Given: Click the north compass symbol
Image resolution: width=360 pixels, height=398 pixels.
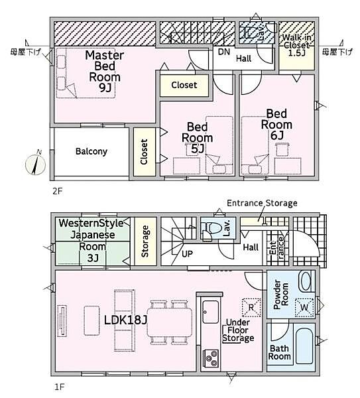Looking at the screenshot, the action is [x=36, y=165].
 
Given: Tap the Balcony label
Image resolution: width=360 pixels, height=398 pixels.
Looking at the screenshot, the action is [x=91, y=151].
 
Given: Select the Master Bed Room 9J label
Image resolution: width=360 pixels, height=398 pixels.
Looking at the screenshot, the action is [x=105, y=72].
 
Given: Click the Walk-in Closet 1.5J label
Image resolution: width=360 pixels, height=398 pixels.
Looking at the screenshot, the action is [x=296, y=45].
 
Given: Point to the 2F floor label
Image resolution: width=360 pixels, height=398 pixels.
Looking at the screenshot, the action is [x=58, y=191].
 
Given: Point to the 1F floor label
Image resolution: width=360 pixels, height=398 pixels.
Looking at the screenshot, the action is [x=60, y=387].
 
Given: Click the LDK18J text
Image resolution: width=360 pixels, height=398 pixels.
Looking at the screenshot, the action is [x=126, y=320].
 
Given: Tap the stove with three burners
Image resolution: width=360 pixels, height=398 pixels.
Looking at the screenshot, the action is [x=211, y=358].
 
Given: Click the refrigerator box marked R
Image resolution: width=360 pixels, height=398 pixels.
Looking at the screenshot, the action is [x=251, y=307].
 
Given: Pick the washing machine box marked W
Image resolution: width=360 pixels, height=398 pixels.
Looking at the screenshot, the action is [x=304, y=307].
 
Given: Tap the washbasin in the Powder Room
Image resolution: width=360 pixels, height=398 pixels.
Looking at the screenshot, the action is [x=305, y=281].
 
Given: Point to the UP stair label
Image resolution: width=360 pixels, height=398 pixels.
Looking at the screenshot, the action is [x=187, y=253].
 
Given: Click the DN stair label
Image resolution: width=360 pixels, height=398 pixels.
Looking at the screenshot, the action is [x=224, y=52].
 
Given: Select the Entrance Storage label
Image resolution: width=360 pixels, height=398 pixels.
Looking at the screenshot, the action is [x=262, y=204].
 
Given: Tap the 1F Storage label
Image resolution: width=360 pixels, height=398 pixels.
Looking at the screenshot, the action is [x=145, y=241].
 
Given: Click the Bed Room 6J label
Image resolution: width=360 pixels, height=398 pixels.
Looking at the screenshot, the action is [x=276, y=125].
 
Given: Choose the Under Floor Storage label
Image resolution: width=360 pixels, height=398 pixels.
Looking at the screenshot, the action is [x=238, y=330].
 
